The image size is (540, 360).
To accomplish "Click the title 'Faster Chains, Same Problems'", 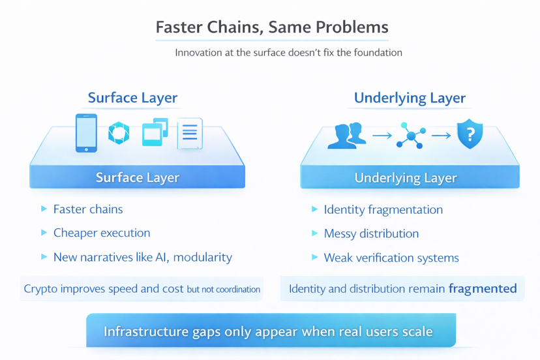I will [x=271, y=27].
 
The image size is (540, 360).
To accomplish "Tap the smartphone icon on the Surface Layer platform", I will [x=86, y=133].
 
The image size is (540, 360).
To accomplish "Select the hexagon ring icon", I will [x=119, y=133].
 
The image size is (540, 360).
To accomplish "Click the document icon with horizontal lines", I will [x=189, y=134].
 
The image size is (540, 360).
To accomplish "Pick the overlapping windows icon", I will [x=155, y=132].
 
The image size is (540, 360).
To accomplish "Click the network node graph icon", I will [x=411, y=136].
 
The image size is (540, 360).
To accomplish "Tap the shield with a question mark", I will [x=470, y=134].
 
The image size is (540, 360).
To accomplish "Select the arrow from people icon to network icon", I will [x=382, y=136].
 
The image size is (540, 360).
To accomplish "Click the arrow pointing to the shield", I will [x=441, y=136].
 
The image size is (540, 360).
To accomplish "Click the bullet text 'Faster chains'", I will [x=88, y=209].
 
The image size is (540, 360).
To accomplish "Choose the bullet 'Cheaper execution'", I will [x=102, y=233].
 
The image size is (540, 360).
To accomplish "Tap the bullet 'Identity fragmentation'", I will [x=383, y=209].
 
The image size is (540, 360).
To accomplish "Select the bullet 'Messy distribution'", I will [x=371, y=233].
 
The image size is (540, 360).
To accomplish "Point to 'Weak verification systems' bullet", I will [x=391, y=258].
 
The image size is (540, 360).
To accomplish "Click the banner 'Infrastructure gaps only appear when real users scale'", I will [x=268, y=331].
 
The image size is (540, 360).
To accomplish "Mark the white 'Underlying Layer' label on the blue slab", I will [x=406, y=177].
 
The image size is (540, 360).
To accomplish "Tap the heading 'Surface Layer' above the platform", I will [x=132, y=98].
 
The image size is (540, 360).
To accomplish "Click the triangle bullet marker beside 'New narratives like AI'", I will [x=44, y=257].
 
